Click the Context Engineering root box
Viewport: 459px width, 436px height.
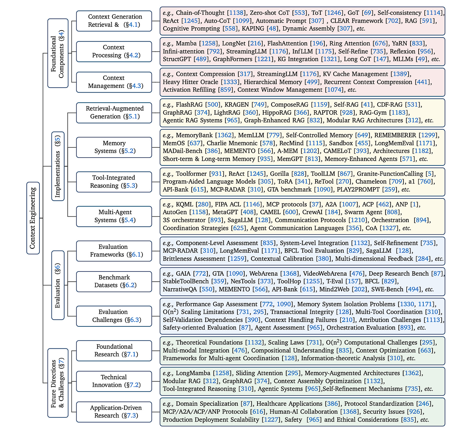33,218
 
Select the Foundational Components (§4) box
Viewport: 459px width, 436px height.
58,53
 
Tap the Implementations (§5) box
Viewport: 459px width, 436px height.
58,166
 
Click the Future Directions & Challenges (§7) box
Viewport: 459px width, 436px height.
58,383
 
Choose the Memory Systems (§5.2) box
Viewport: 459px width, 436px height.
114,147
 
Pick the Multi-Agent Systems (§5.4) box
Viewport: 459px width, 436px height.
114,216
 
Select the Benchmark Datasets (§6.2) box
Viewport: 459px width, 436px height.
114,281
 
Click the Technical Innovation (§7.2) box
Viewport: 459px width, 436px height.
114,381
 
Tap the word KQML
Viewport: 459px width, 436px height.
184,204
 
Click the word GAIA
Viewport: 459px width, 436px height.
183,274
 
